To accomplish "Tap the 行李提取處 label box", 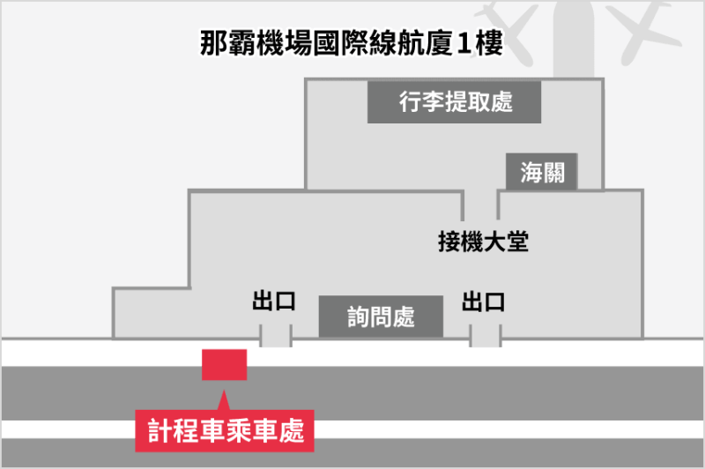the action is pos(454,103).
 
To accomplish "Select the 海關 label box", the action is pos(541,172).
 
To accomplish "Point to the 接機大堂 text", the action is pos(482,241).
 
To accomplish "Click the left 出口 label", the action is pos(273,301).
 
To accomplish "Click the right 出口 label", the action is pos(483,301).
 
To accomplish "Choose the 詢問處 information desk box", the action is pos(380,316).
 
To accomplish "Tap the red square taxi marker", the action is pos(224,364).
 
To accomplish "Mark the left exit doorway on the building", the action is pos(276,335).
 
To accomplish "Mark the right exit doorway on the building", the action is pos(485,335).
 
